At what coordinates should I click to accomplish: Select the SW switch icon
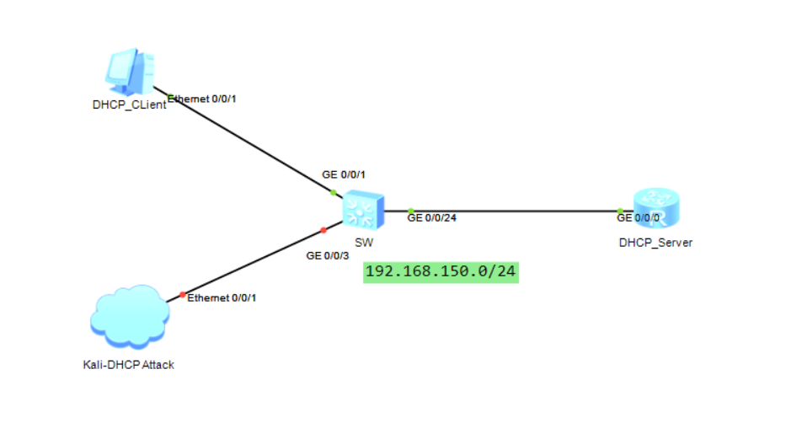tap(364, 210)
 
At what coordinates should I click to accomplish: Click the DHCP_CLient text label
tap(129, 105)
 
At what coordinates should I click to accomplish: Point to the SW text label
tap(364, 242)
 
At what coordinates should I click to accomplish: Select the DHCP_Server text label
tap(655, 243)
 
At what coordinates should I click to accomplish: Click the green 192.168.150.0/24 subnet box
tap(441, 271)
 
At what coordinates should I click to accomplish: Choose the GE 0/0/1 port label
tap(344, 174)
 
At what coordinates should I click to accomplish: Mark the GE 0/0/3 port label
tap(327, 254)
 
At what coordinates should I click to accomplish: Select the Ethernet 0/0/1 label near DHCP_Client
tap(203, 99)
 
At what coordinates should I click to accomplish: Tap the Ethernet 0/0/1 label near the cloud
tap(222, 297)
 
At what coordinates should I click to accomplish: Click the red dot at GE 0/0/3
tap(323, 230)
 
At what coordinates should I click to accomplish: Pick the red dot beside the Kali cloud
tap(182, 294)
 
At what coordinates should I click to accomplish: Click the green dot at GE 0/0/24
tap(410, 211)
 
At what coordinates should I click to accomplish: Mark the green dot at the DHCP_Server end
tap(619, 211)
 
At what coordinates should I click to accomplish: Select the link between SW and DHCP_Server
tap(514, 211)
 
